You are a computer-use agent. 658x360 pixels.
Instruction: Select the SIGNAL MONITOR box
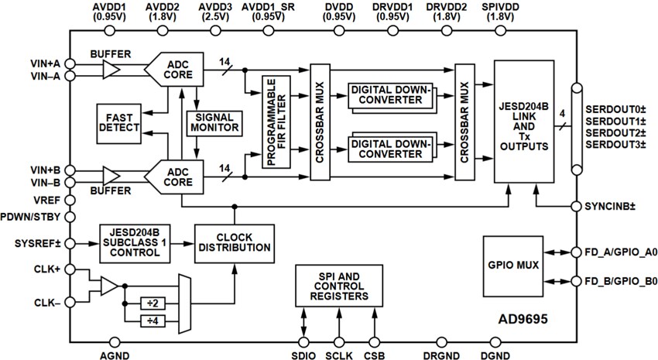click(214, 122)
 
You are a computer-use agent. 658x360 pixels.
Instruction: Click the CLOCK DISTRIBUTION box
click(233, 242)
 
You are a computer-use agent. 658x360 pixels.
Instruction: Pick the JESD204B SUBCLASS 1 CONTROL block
click(135, 243)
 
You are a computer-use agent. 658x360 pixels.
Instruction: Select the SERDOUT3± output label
click(615, 144)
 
